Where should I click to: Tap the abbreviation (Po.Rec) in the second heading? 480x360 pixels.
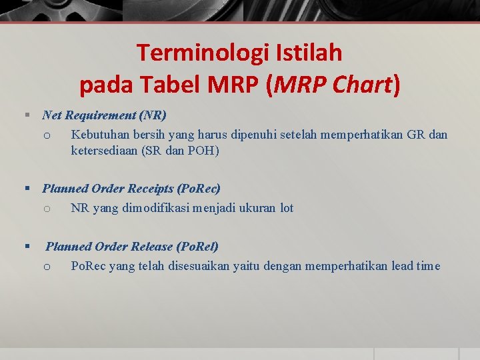199,189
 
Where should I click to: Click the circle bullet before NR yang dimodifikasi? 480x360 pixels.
47,209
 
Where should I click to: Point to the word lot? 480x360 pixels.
287,208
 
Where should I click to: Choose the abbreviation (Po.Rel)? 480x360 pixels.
197,247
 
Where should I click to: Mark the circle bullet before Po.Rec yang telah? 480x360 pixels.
47,267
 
